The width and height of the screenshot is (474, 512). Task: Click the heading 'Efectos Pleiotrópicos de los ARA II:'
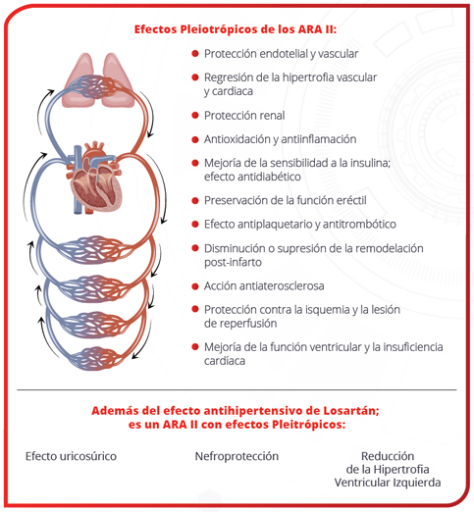pyautogui.click(x=236, y=29)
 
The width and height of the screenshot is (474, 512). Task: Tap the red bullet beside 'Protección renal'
pyautogui.click(x=195, y=115)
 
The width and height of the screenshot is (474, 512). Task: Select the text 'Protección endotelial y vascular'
pyautogui.click(x=281, y=54)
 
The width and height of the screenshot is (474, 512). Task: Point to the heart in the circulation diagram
pyautogui.click(x=96, y=179)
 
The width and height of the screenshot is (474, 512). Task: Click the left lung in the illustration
pyautogui.click(x=79, y=80)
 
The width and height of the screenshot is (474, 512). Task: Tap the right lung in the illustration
pyautogui.click(x=117, y=80)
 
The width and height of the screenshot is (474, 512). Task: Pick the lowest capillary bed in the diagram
pyautogui.click(x=95, y=359)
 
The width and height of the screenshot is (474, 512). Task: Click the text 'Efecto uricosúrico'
pyautogui.click(x=71, y=456)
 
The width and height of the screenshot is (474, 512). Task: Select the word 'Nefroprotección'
pyautogui.click(x=237, y=456)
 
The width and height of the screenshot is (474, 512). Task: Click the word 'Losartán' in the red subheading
pyautogui.click(x=351, y=410)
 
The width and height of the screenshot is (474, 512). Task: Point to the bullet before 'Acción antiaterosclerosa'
pyautogui.click(x=195, y=286)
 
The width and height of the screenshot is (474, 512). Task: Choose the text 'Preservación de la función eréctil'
pyautogui.click(x=286, y=200)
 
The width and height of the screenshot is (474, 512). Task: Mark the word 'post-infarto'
pyautogui.click(x=233, y=262)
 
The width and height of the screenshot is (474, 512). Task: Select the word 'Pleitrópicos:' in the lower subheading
pyautogui.click(x=308, y=425)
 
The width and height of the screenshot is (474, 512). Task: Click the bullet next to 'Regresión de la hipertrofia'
pyautogui.click(x=195, y=77)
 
